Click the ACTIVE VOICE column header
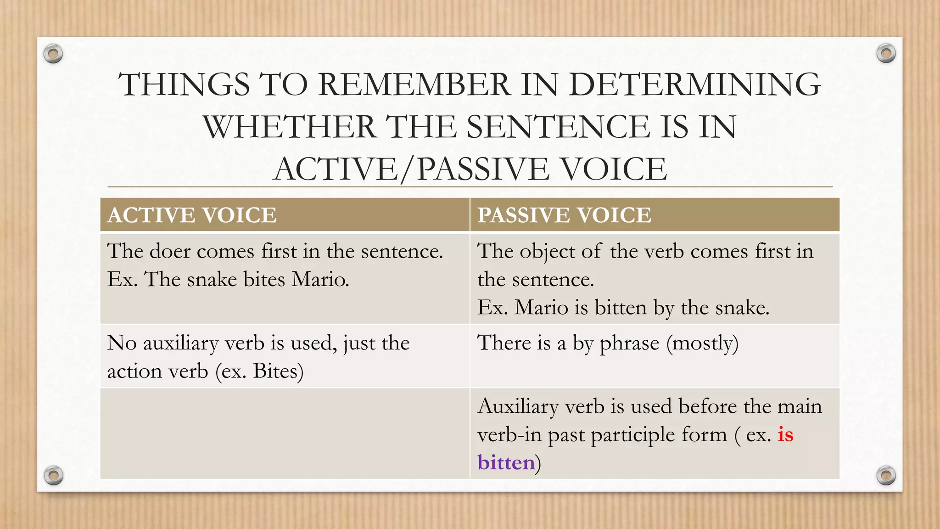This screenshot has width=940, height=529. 192,215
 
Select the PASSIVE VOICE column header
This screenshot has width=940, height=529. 564,215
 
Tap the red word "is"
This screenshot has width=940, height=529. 785,434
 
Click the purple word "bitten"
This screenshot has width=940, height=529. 506,462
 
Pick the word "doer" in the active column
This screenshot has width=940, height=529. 170,251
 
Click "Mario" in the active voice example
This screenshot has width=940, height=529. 320,279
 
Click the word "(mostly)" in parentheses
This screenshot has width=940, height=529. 702,343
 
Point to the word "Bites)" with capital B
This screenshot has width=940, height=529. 278,371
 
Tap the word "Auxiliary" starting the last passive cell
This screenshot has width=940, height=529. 517,406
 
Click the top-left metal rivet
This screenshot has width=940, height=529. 53,54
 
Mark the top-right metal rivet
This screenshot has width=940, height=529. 886,54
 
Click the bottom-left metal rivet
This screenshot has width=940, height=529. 53,475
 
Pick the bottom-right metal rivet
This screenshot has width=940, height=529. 886,475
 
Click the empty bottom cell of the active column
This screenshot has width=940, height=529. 285,433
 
